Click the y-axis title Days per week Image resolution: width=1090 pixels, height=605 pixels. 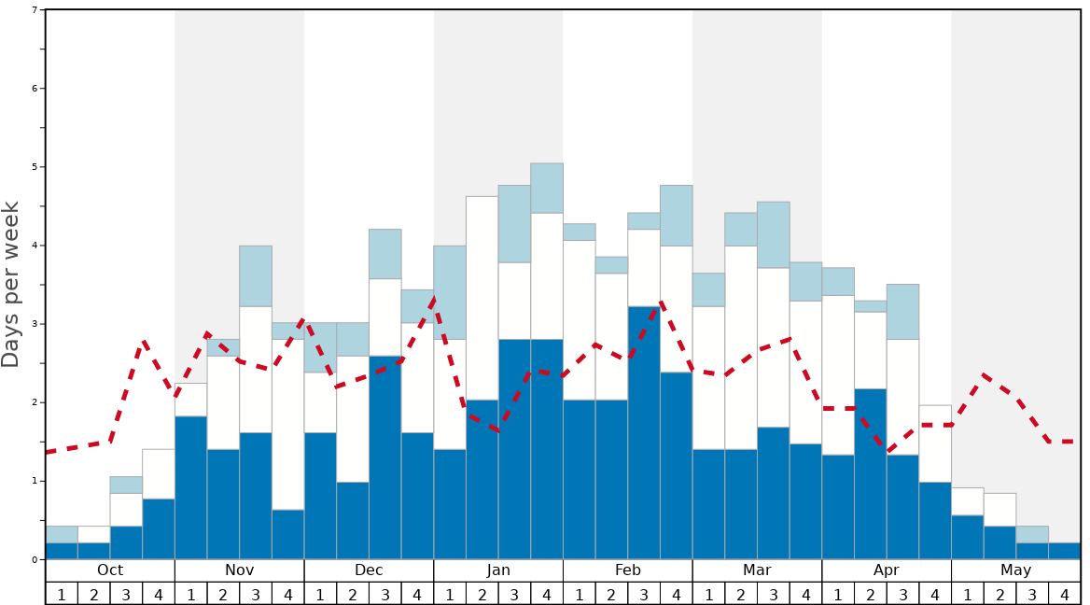(11, 284)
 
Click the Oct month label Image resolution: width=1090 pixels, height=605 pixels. (110, 570)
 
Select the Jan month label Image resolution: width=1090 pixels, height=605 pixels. (498, 570)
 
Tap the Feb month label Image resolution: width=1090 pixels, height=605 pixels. (628, 570)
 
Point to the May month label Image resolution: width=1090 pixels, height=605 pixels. (1016, 570)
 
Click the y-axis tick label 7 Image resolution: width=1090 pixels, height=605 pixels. (35, 10)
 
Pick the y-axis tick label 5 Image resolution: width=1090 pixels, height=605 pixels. (35, 167)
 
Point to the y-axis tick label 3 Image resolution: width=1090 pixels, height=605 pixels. (35, 324)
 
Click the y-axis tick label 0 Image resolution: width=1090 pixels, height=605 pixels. (35, 560)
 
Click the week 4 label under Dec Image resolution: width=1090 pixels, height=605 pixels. (417, 594)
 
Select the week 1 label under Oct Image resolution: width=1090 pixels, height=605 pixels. (62, 594)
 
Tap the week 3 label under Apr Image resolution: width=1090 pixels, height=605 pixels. (902, 594)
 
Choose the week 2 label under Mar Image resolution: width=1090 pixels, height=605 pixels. (741, 594)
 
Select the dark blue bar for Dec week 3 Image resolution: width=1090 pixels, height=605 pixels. (385, 457)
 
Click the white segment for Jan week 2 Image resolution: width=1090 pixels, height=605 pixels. (482, 298)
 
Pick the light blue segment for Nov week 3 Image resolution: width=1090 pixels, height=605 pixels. (256, 275)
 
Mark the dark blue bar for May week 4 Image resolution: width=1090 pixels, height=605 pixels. (1065, 551)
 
